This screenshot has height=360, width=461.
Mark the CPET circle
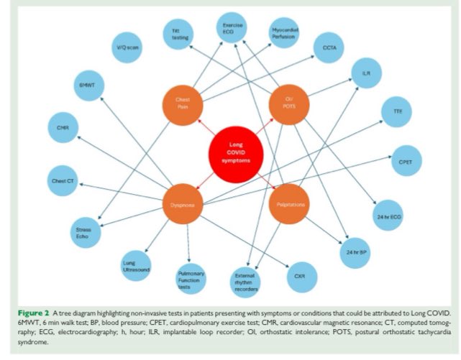click(x=404, y=162)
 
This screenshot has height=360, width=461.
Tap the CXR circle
click(x=291, y=274)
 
